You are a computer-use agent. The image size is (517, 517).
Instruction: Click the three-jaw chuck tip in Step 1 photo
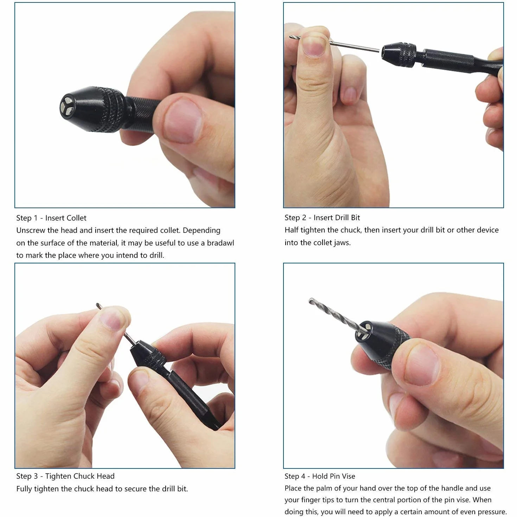point(66,107)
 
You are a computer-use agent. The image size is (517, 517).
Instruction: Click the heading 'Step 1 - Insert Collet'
point(51,218)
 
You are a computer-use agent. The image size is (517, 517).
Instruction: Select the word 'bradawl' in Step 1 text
point(220,243)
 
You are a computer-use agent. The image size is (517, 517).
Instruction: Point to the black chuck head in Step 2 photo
point(398,55)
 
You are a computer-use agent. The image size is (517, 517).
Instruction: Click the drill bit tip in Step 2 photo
point(290,37)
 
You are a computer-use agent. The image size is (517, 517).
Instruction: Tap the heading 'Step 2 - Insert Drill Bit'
point(322,218)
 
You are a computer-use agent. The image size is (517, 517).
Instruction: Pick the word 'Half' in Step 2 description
point(291,230)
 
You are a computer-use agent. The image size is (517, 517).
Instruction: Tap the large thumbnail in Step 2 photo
point(313,44)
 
